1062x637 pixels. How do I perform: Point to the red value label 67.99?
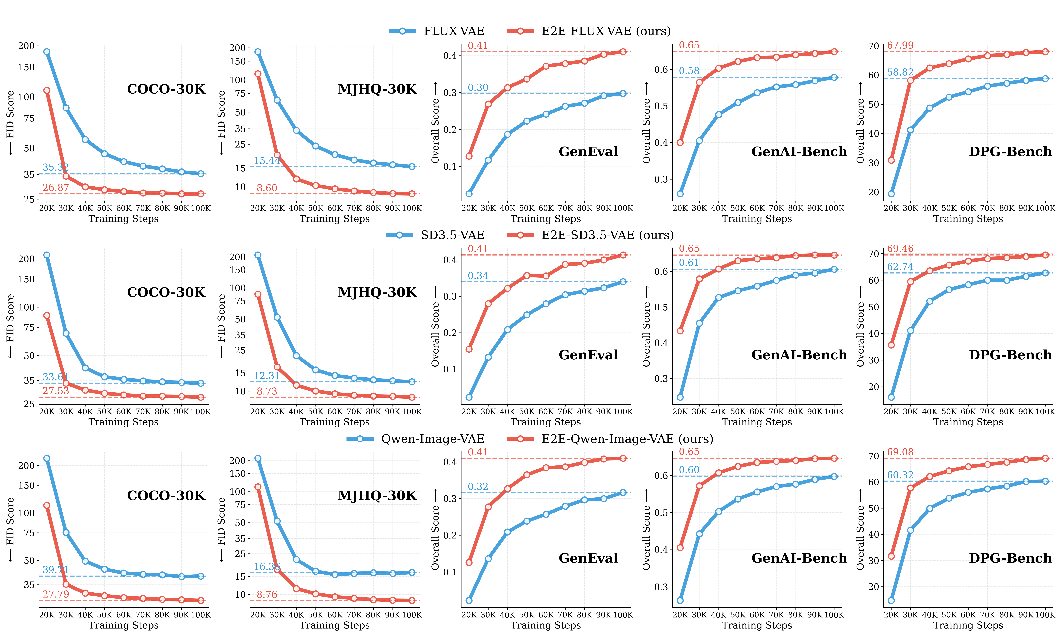coord(900,45)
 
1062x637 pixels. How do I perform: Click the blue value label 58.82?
coord(900,72)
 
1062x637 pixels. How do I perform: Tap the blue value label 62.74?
coord(900,267)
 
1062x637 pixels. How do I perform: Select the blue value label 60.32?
coord(900,475)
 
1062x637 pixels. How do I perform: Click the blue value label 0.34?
coord(478,276)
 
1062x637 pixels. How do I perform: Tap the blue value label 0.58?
coord(689,71)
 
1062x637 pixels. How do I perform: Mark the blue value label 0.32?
coord(478,487)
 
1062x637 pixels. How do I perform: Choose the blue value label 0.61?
coord(689,263)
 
